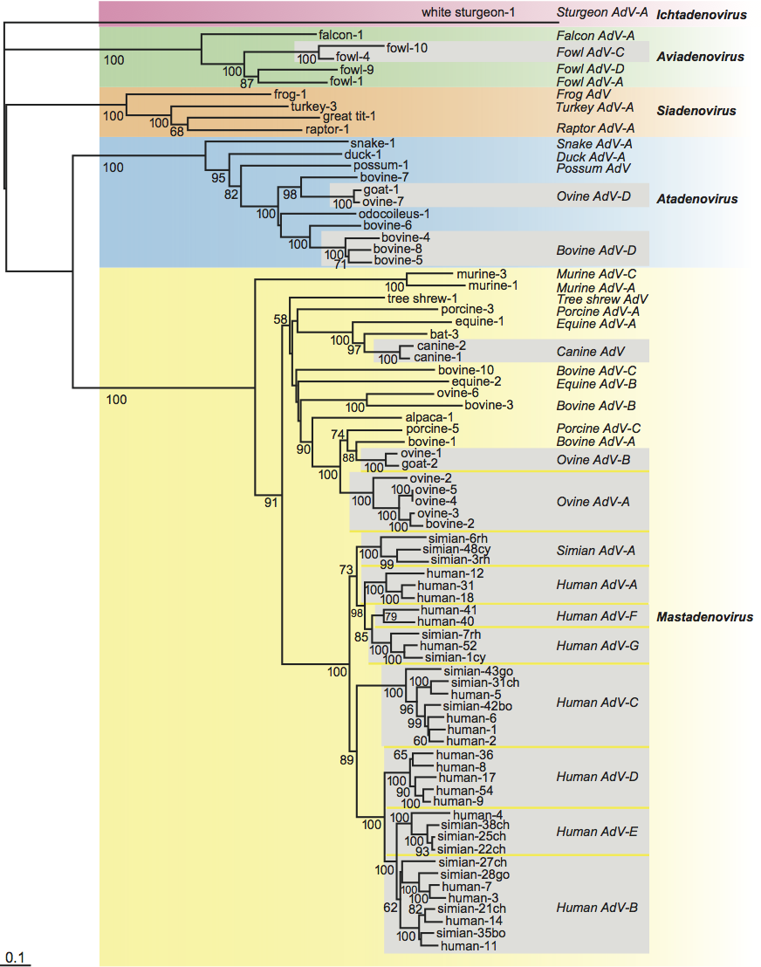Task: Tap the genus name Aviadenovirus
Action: point(700,57)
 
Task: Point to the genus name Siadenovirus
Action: point(696,111)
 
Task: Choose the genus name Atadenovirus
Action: point(696,199)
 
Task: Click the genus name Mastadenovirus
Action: point(704,617)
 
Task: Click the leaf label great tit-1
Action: point(349,116)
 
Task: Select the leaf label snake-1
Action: point(373,143)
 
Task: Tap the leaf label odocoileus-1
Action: point(394,213)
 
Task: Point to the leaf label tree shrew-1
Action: point(422,298)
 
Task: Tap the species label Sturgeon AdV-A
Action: point(594,13)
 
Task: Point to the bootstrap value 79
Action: point(390,617)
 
